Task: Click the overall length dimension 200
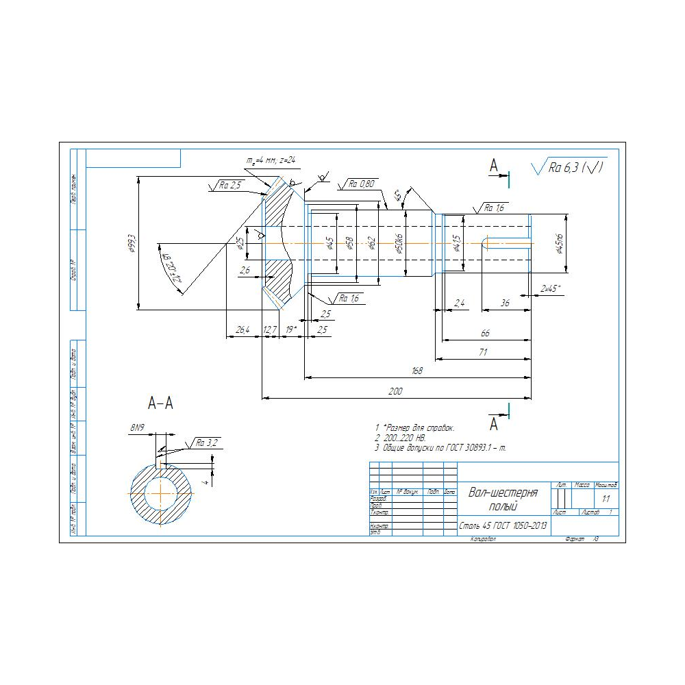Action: coord(396,391)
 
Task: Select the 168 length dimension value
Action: coord(416,371)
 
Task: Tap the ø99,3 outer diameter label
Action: coord(132,243)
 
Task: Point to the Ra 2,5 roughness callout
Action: coord(230,185)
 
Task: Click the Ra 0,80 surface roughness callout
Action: coord(361,184)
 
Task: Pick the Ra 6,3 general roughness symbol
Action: coord(569,166)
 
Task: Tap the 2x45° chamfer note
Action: coord(550,288)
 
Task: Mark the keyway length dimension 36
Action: coord(505,302)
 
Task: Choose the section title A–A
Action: coord(161,403)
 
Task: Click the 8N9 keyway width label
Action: coord(137,427)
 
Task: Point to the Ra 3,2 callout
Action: coord(206,443)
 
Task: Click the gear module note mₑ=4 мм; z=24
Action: coord(270,160)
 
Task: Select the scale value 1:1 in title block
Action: coord(606,499)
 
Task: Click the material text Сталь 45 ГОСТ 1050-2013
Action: coord(503,526)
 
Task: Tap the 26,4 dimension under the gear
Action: coord(242,330)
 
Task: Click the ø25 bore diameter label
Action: coord(240,243)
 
